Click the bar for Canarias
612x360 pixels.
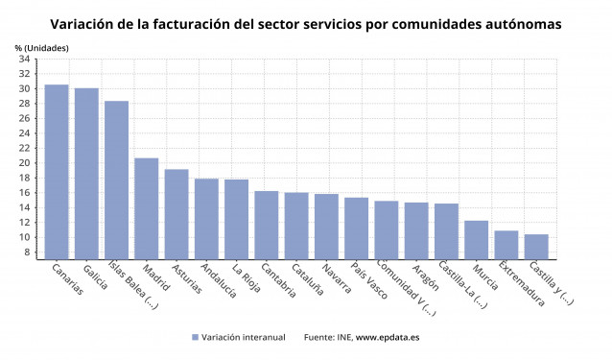(57, 172)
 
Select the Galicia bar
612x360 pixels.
(86, 173)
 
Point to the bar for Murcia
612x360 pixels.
(476, 240)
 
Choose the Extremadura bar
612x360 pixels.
(506, 245)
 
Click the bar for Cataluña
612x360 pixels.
(296, 226)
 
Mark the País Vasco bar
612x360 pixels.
(356, 228)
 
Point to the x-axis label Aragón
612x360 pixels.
(426, 279)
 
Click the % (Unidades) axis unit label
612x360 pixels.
(41, 47)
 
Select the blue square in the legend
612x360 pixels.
(195, 337)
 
